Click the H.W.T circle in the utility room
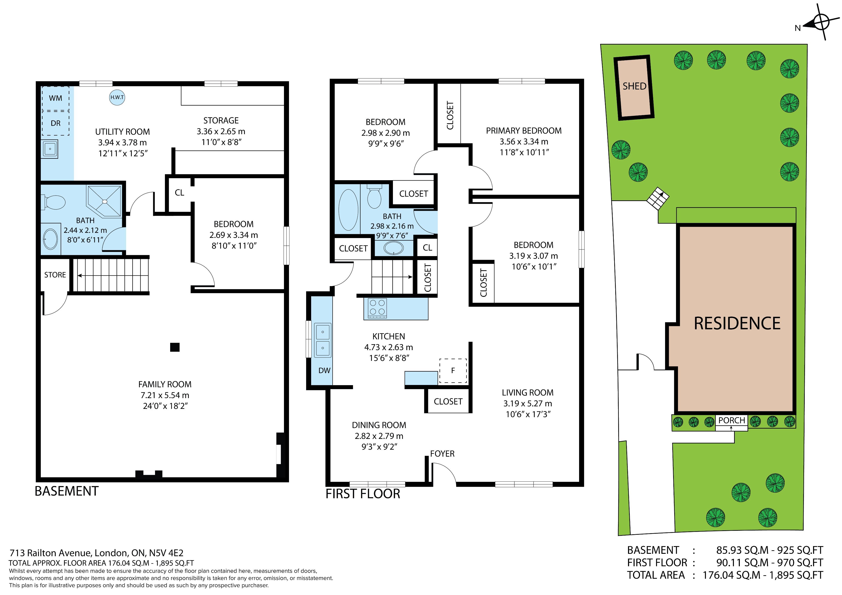coord(117,98)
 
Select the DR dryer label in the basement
coord(55,123)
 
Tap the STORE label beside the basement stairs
coord(55,275)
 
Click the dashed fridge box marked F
coord(453,371)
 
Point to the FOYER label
coord(442,454)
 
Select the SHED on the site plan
coord(634,88)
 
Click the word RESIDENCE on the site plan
coord(737,323)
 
